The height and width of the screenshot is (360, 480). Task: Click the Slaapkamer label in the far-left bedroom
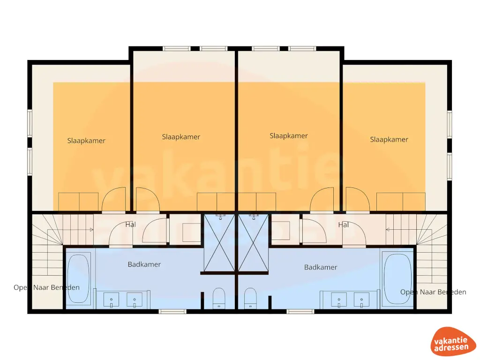click(x=86, y=141)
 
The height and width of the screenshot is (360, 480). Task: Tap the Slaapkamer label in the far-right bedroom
click(x=389, y=139)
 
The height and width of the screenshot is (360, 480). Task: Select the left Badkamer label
click(x=144, y=264)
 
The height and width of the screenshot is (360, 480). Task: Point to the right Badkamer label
click(x=321, y=267)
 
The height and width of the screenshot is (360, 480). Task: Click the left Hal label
click(x=131, y=225)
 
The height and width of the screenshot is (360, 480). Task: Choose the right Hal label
click(x=344, y=225)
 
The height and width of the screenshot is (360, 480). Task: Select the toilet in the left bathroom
click(x=219, y=298)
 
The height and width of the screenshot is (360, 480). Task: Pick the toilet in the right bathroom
click(x=250, y=298)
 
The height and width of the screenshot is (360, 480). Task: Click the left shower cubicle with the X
click(x=219, y=242)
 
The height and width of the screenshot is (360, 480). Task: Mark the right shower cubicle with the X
click(x=254, y=242)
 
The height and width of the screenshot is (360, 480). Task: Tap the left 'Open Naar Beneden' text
click(x=46, y=287)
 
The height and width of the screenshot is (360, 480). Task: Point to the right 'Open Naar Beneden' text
click(x=433, y=292)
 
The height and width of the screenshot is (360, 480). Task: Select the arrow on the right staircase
click(x=388, y=230)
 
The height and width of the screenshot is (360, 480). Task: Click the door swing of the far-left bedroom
click(x=114, y=200)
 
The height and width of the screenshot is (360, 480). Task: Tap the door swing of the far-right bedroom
click(x=358, y=200)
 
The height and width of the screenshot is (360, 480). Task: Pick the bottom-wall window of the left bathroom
click(x=172, y=311)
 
